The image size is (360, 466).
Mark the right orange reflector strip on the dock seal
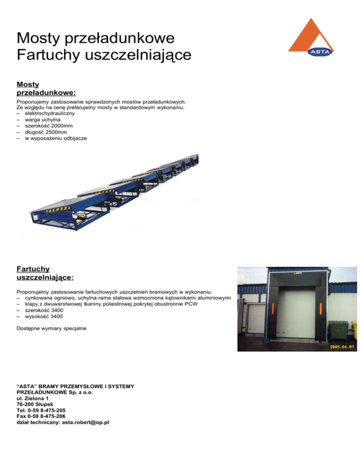coord(320,309)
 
